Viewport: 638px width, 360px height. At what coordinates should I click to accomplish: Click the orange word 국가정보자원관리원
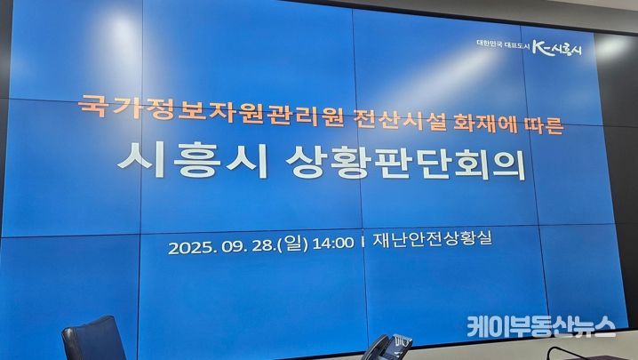[211, 110]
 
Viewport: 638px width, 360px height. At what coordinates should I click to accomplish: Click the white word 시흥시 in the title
[193, 160]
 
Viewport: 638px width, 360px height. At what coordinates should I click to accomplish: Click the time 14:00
[333, 244]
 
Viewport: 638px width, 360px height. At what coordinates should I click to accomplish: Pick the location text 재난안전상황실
[433, 239]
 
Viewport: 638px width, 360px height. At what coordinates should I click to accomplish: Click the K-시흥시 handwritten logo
[557, 49]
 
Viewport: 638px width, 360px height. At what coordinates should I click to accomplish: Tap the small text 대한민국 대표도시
[503, 46]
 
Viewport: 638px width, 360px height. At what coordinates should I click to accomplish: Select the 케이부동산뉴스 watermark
[541, 326]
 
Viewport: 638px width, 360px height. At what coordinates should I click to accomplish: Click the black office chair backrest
[93, 339]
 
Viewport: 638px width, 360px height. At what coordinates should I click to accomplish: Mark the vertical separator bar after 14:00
[363, 242]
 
